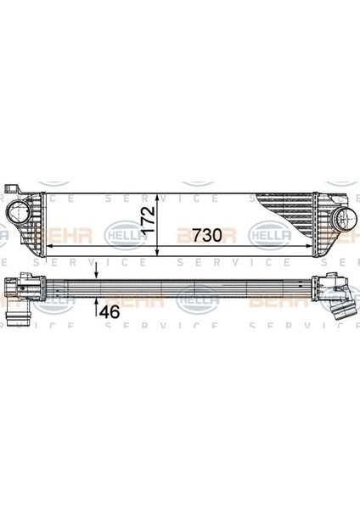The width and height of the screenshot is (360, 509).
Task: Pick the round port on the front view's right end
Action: (x=343, y=220)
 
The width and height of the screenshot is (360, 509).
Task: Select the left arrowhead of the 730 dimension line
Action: (x=47, y=243)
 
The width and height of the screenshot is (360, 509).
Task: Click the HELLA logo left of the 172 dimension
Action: (x=121, y=230)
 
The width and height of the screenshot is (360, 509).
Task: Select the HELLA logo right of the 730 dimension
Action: (x=266, y=231)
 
